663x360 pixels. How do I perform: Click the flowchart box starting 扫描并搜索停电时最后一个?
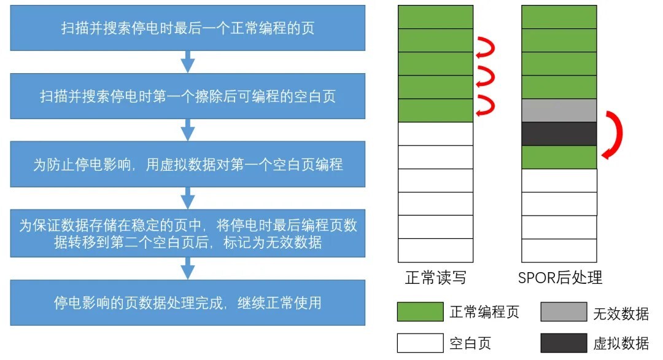pyautogui.click(x=188, y=28)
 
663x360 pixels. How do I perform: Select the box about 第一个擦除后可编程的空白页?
pyautogui.click(x=188, y=96)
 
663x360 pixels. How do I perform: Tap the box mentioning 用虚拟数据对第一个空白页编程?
pyautogui.click(x=188, y=164)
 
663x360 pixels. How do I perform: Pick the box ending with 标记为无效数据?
pyautogui.click(x=188, y=233)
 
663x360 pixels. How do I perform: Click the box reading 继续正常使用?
pyautogui.click(x=188, y=302)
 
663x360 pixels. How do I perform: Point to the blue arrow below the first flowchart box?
pyautogui.click(x=188, y=62)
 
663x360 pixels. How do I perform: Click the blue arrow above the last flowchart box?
pyautogui.click(x=188, y=268)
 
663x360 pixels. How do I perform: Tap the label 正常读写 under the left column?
pyautogui.click(x=435, y=278)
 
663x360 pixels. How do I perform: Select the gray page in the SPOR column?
pyautogui.click(x=559, y=111)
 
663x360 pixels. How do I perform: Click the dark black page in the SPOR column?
pyautogui.click(x=559, y=134)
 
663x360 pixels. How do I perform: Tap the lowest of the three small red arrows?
pyautogui.click(x=485, y=106)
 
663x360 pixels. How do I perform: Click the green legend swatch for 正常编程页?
pyautogui.click(x=420, y=311)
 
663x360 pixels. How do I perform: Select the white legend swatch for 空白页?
pyautogui.click(x=420, y=343)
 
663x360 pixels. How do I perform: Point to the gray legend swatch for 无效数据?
pyautogui.click(x=564, y=311)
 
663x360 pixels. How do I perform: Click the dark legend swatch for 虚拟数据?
pyautogui.click(x=564, y=343)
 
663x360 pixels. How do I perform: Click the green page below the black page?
pyautogui.click(x=559, y=157)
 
